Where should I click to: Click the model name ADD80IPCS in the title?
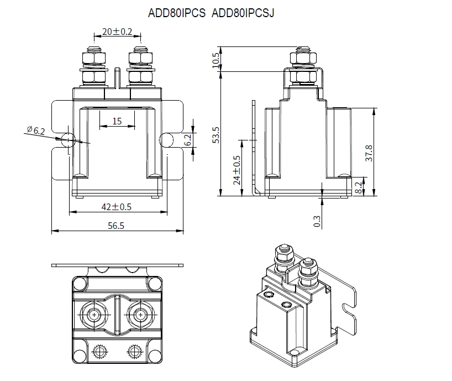pyautogui.click(x=176, y=13)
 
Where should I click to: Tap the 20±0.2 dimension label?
pyautogui.click(x=117, y=32)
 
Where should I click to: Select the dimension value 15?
pyautogui.click(x=117, y=121)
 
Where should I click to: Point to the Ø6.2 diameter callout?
pyautogui.click(x=35, y=131)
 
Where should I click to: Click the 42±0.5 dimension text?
pyautogui.click(x=116, y=206)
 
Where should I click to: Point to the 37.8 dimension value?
pyautogui.click(x=370, y=153)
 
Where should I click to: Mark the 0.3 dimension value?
pyautogui.click(x=317, y=221)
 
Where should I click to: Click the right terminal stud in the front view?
pyautogui.click(x=140, y=62)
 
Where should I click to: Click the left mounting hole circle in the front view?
pyautogui.click(x=68, y=139)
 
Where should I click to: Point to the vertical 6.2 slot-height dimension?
pyautogui.click(x=187, y=140)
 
